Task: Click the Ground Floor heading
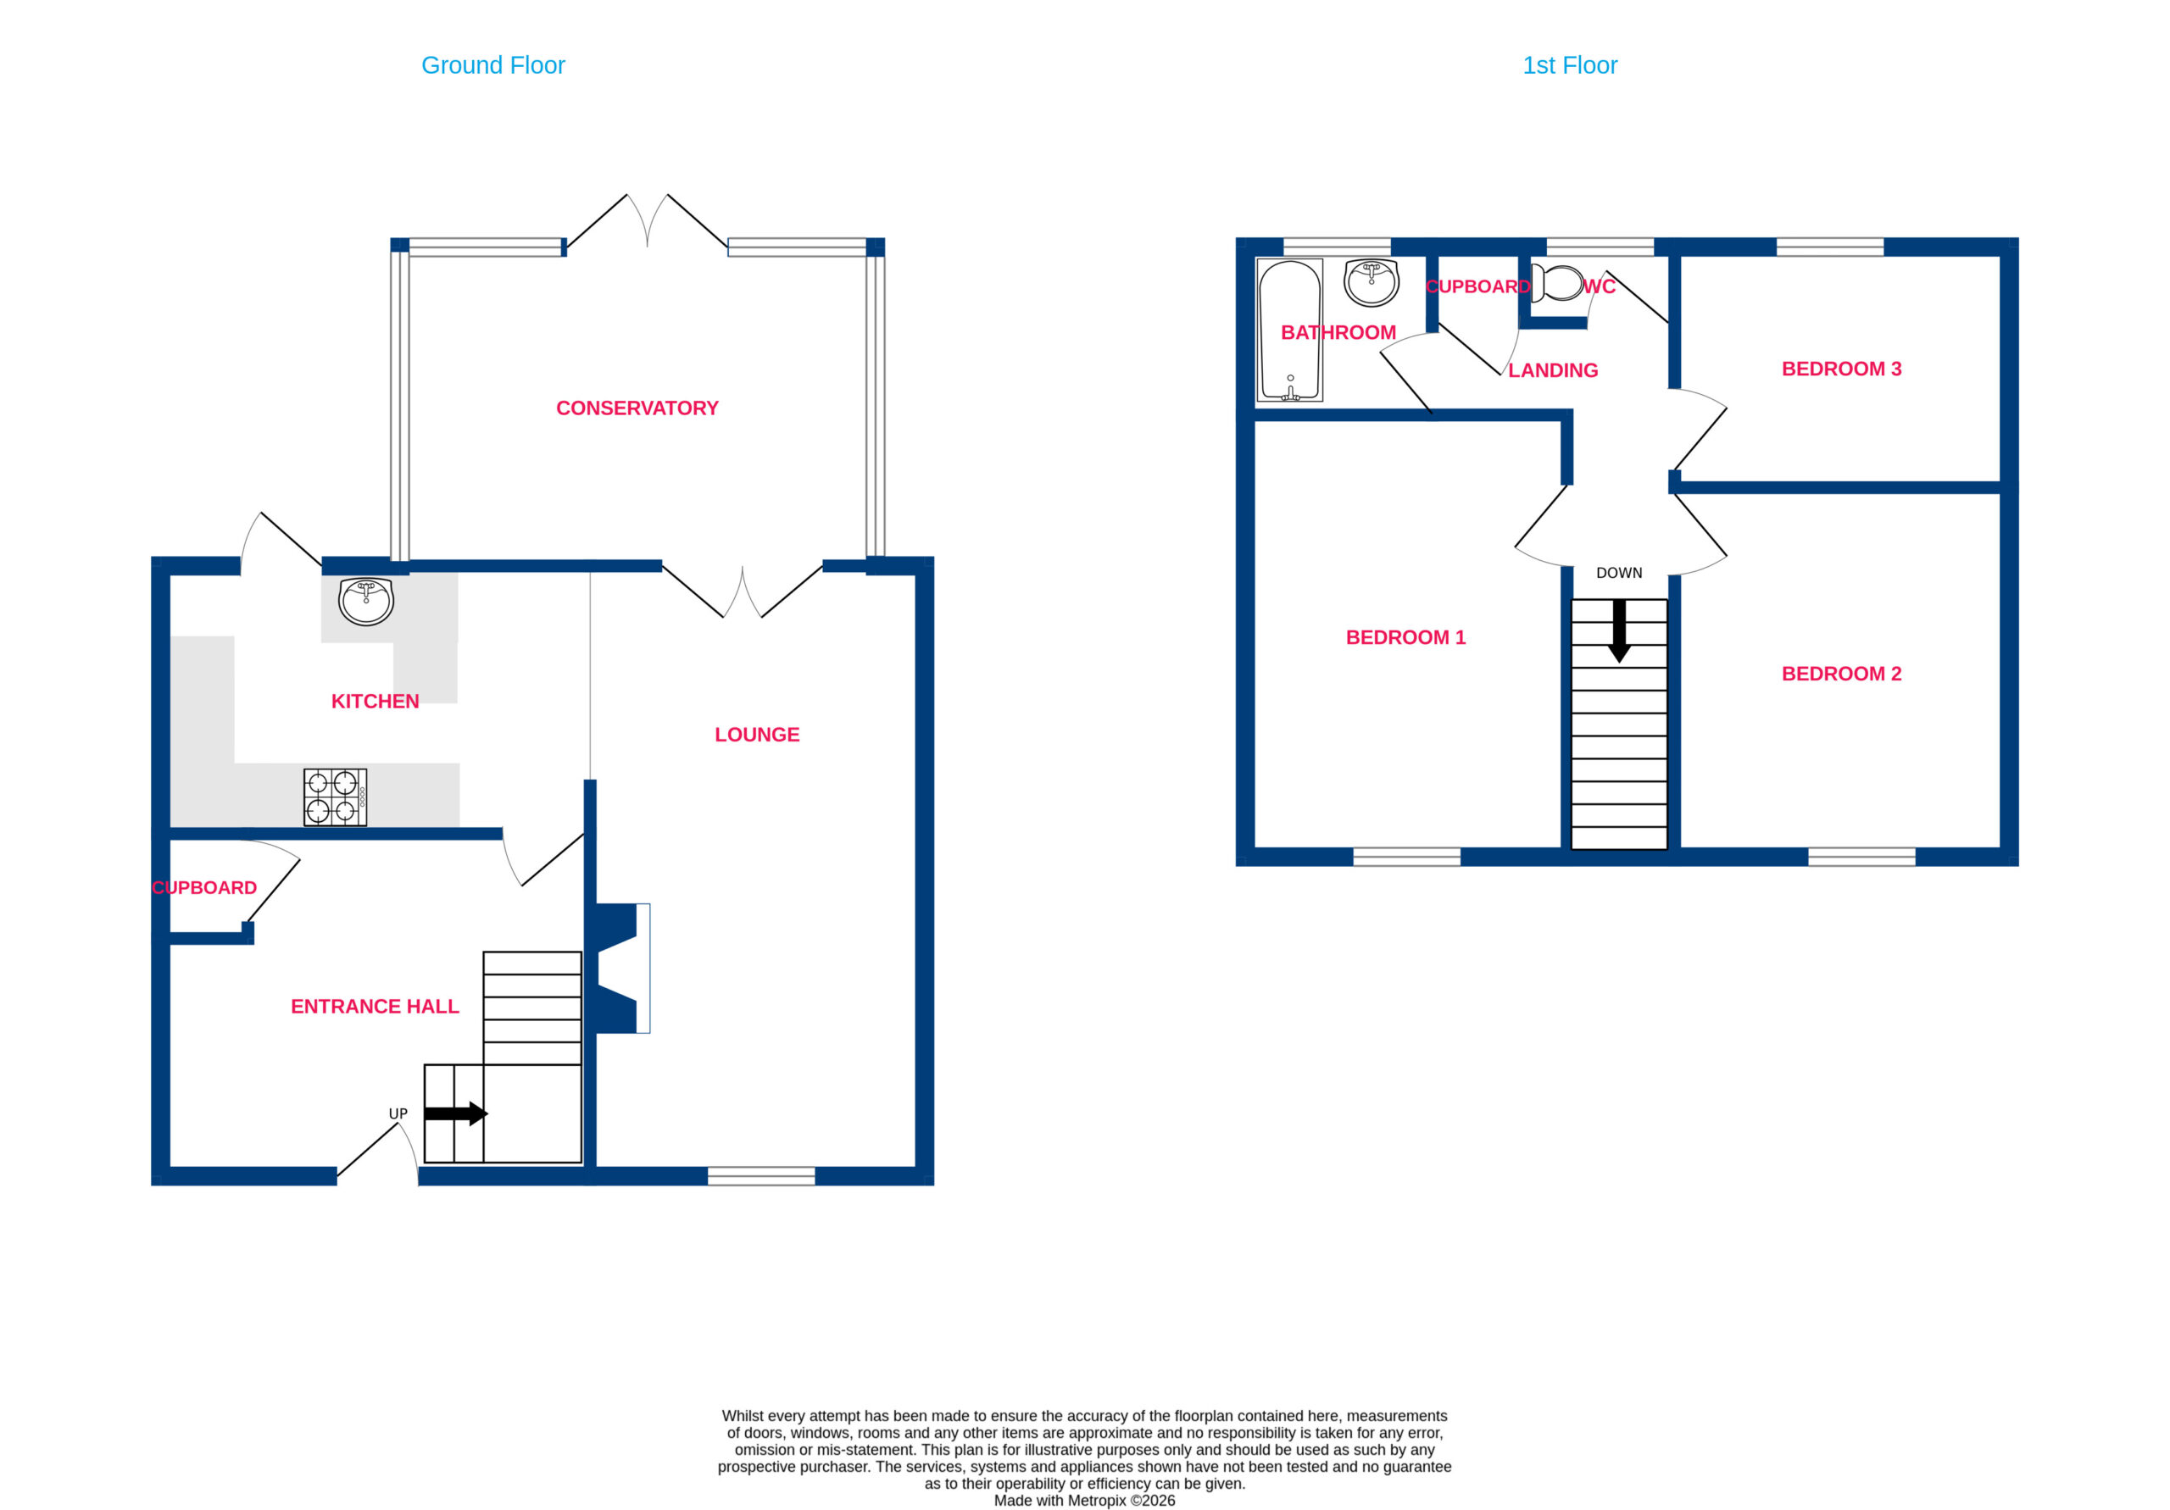(492, 65)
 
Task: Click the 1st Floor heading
(1570, 65)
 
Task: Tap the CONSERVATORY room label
(637, 408)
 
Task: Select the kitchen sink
(365, 602)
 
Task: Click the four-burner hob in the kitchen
(336, 797)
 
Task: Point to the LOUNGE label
(757, 734)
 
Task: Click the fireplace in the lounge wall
(620, 969)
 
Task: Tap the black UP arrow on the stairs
(455, 1113)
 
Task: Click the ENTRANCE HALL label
(376, 1007)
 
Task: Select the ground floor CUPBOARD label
(204, 887)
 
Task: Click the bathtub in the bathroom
(1290, 330)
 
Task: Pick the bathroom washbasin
(1372, 282)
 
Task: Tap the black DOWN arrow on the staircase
(1619, 631)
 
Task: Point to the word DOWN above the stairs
(1619, 573)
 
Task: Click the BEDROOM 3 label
(1841, 369)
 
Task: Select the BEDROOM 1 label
(1405, 638)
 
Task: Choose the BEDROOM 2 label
(1841, 674)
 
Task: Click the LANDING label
(1553, 370)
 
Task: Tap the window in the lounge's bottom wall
(761, 1176)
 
